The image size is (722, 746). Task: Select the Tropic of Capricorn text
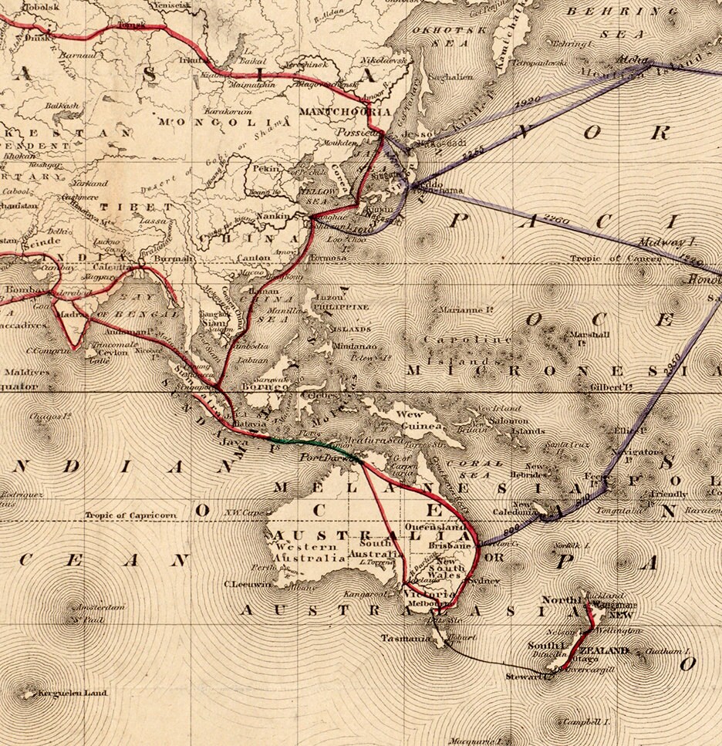click(x=130, y=515)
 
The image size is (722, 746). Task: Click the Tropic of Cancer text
click(x=615, y=259)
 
